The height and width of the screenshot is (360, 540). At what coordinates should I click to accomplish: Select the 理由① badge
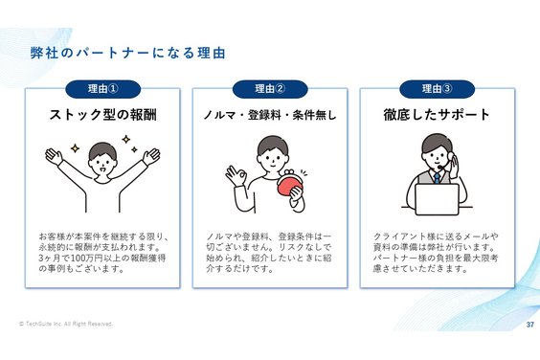coord(101,89)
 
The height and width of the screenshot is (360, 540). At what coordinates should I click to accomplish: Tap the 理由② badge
coord(269,89)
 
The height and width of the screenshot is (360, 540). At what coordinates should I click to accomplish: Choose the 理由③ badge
coord(438,89)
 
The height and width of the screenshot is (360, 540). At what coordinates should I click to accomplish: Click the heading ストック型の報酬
coord(102,115)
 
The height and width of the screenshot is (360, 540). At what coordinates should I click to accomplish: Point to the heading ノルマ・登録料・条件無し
coord(269,116)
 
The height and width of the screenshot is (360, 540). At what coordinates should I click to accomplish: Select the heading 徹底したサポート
coord(437,115)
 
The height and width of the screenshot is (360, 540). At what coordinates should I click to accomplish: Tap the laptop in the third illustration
coord(437,198)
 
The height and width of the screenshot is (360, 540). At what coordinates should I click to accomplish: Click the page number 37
coord(529,326)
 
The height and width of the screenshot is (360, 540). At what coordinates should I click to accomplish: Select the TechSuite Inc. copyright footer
coord(65,325)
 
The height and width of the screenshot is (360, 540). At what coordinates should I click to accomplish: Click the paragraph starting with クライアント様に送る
coord(437,251)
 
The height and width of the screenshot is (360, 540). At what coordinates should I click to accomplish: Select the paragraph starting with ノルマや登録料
coord(269,251)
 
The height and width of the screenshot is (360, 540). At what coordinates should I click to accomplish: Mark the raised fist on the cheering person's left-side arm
coord(54,154)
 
